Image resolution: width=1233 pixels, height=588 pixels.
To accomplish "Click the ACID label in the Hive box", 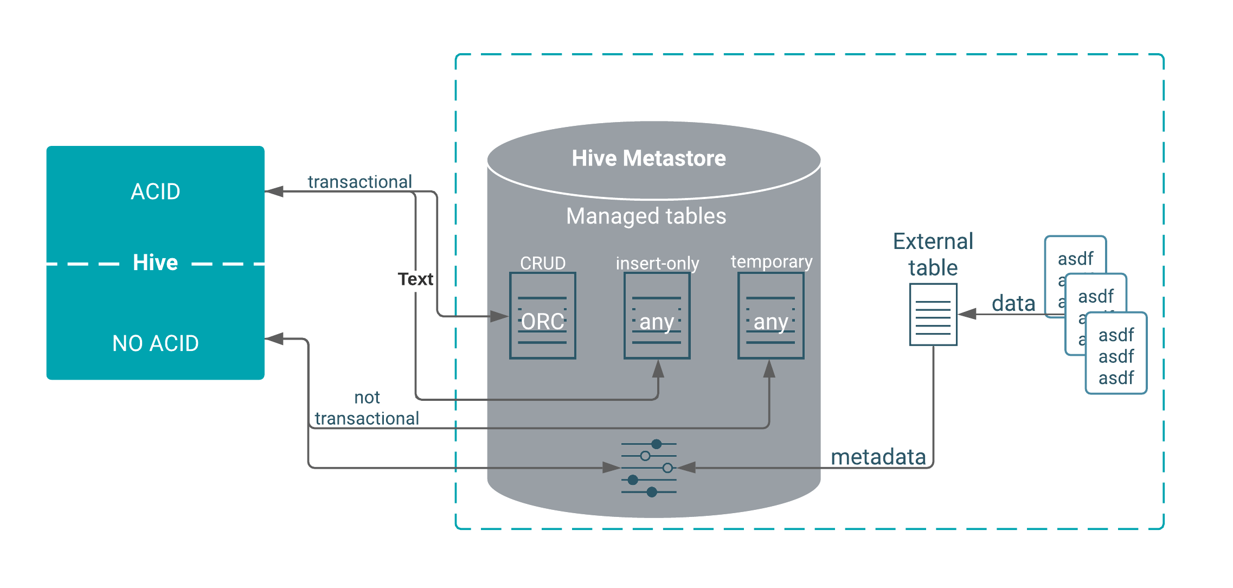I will click(x=156, y=191).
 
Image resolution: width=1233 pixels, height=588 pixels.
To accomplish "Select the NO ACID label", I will click(x=156, y=343).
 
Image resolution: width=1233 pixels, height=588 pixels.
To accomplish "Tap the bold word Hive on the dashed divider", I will click(x=156, y=263).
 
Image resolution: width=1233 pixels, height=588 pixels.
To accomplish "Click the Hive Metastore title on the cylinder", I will click(x=648, y=158).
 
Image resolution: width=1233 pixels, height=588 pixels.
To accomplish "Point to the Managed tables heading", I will click(x=646, y=216).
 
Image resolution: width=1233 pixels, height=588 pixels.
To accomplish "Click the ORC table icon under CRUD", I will click(x=543, y=316).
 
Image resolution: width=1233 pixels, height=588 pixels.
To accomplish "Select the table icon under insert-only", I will click(x=657, y=316).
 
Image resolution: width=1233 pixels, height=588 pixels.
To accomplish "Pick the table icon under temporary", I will click(x=770, y=316).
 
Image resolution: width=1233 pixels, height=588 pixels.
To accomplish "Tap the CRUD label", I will click(x=543, y=263).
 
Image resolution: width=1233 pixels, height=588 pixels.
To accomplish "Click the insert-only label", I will click(x=657, y=264).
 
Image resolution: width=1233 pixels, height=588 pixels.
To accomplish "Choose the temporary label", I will click(x=771, y=261).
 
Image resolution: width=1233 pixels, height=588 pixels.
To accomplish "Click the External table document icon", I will click(x=933, y=315).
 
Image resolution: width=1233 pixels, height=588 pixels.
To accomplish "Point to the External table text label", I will click(x=933, y=254).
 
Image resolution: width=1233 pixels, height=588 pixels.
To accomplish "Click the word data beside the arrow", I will click(x=1013, y=303).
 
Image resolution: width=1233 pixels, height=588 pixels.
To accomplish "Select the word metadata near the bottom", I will click(x=878, y=457).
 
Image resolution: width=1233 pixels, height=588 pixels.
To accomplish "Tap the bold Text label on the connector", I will click(x=415, y=279).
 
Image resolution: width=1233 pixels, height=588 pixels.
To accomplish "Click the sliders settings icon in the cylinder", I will click(x=648, y=468).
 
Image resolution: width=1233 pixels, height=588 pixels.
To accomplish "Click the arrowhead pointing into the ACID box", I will click(x=274, y=191).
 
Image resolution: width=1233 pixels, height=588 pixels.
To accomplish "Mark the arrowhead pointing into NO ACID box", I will click(x=274, y=339).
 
